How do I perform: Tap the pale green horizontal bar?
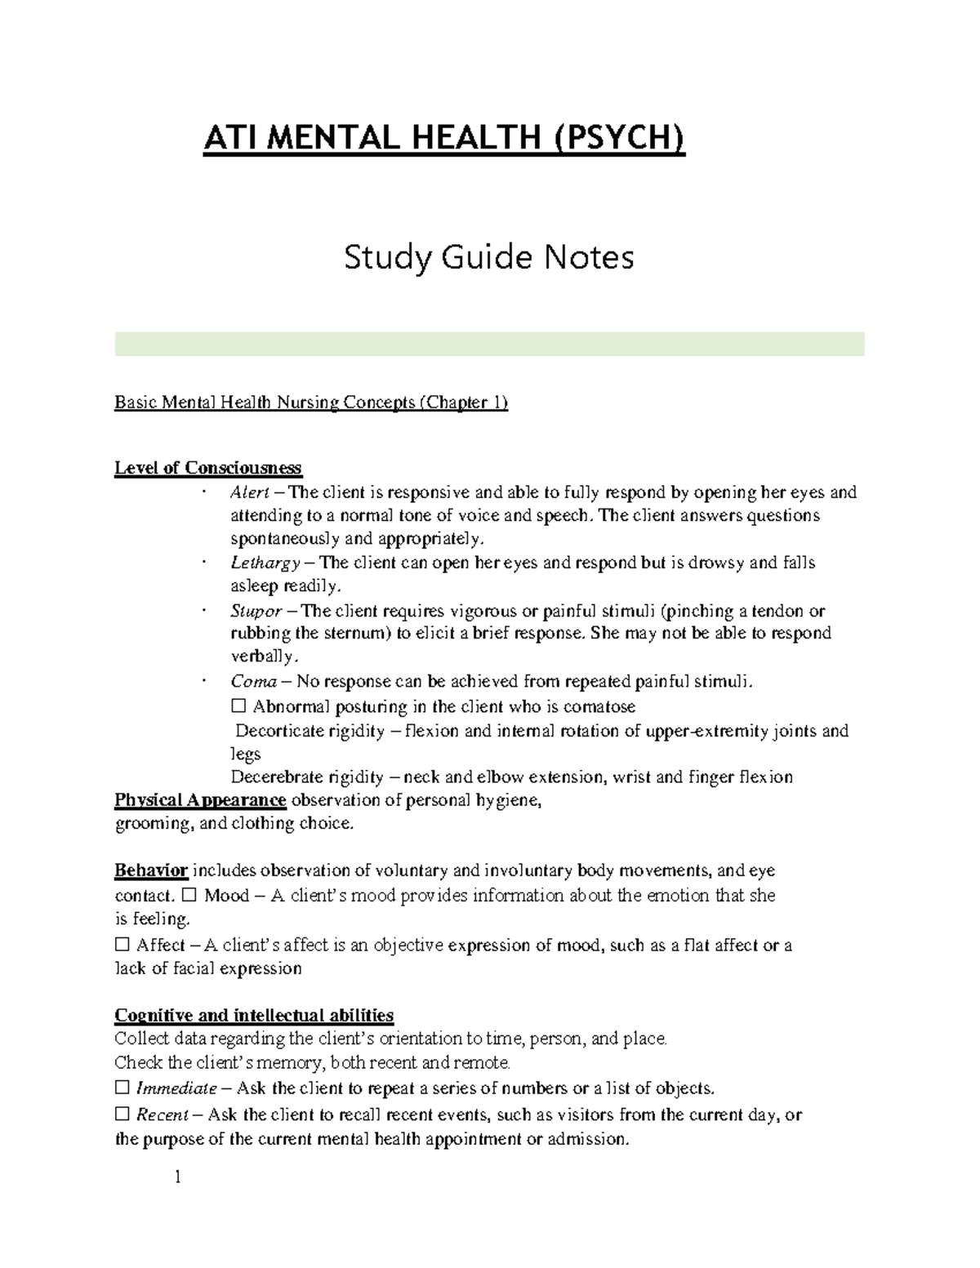489,344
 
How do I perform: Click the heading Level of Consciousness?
208,469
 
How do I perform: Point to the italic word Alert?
250,492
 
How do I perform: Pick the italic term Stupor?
256,612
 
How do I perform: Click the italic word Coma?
253,682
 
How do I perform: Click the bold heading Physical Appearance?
200,800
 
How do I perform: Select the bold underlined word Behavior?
151,871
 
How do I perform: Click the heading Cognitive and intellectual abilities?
254,1016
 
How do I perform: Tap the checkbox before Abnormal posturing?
238,707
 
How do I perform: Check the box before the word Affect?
122,945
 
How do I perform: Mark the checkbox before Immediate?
122,1088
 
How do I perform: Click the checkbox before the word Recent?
122,1115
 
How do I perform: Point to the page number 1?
176,1177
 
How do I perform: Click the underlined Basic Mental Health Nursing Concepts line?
310,403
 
